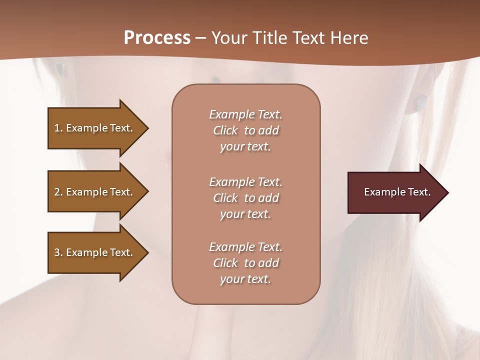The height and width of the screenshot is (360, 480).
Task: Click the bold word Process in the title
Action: tap(157, 38)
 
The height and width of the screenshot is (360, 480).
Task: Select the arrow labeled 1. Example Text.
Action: tap(95, 128)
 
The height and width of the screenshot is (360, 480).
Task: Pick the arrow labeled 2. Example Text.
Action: tap(95, 192)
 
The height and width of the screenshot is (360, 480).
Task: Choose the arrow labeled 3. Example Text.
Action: tap(95, 252)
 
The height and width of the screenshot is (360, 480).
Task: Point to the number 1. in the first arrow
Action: tap(58, 128)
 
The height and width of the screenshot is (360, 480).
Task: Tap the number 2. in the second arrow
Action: tap(58, 192)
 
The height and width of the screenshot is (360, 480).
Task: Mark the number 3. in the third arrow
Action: tap(58, 252)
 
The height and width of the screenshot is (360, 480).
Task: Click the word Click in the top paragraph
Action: tap(225, 130)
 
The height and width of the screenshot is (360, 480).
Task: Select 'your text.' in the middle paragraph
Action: tap(245, 214)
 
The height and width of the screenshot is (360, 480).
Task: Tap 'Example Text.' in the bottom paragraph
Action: tap(245, 247)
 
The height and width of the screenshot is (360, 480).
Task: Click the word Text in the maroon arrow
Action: tap(419, 192)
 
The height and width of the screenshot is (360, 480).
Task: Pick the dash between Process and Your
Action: tap(200, 38)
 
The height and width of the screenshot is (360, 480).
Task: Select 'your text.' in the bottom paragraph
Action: tap(245, 279)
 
